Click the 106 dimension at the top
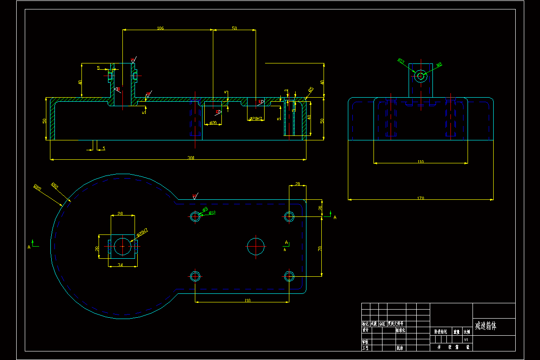coord(160,28)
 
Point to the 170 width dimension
coord(420,198)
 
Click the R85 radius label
coord(37,188)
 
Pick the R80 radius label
coord(55,185)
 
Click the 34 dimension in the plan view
coord(120,265)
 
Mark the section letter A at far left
coord(29,247)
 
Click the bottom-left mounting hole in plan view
coord(195,276)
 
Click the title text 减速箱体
coord(488,325)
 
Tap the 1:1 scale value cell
coord(466,340)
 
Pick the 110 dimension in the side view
coord(420,161)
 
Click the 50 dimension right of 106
coord(234,28)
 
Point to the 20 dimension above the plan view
coord(297,184)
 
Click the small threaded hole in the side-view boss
coord(421,76)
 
